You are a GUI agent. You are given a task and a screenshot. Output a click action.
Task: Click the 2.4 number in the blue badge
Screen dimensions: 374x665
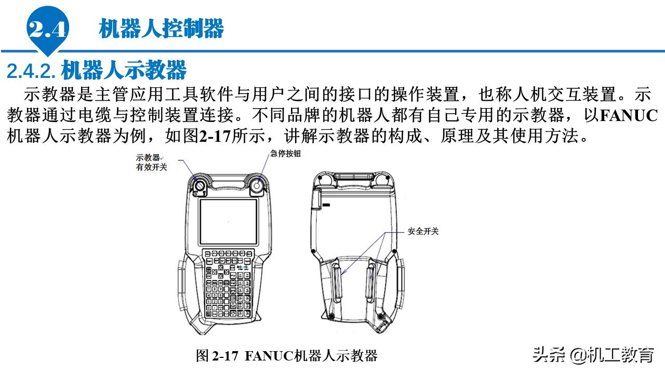(48, 30)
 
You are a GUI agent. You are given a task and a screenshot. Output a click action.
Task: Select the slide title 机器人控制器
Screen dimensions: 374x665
(161, 29)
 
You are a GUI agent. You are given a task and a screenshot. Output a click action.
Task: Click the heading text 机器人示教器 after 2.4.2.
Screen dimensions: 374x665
(124, 69)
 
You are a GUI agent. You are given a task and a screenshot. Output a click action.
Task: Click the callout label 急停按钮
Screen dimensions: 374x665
(285, 154)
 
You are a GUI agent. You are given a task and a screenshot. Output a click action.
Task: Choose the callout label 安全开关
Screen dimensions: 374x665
(423, 231)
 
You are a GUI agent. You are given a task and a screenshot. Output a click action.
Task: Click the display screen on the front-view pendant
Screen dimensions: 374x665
(228, 222)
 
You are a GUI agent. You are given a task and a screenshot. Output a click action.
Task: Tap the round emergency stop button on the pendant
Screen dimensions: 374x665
(257, 184)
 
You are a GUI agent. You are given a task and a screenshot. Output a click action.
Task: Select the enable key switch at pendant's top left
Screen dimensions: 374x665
(199, 185)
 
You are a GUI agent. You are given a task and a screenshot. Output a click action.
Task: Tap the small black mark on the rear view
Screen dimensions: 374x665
(326, 206)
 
